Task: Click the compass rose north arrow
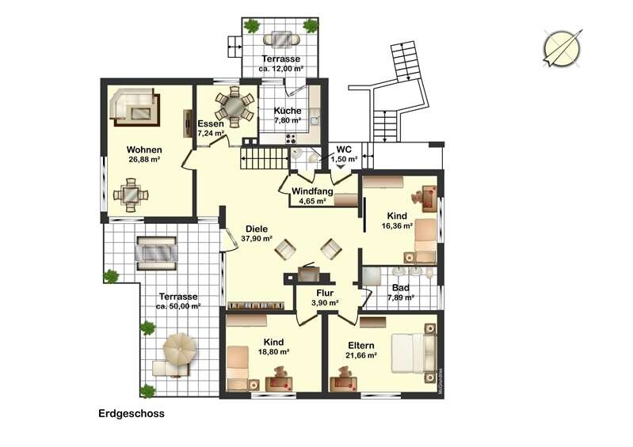[562, 48]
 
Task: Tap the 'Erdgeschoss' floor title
[132, 414]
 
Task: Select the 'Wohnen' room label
[144, 150]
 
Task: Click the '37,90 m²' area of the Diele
[257, 239]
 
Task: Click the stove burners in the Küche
[291, 138]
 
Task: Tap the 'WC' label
[344, 150]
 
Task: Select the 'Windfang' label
[312, 191]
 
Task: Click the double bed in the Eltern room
[414, 353]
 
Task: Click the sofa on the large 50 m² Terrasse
[157, 253]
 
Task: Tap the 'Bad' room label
[401, 288]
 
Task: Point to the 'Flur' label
[325, 293]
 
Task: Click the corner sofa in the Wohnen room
[135, 107]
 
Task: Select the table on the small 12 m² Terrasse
[282, 39]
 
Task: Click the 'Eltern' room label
[361, 346]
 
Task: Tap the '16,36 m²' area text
[397, 225]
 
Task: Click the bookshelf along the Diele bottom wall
[255, 305]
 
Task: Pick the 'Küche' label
[288, 111]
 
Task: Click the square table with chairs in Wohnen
[131, 195]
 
